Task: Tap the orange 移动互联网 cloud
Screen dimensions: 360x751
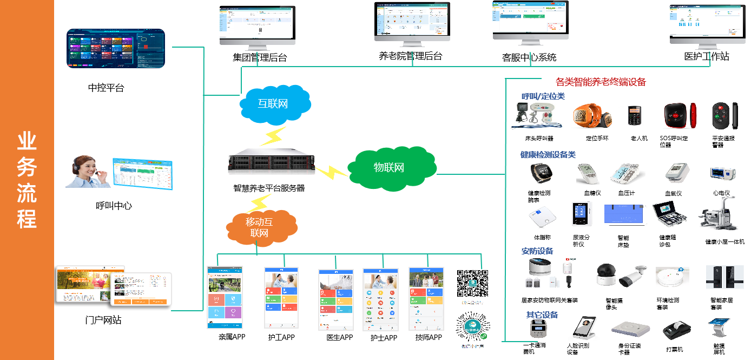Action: coord(260,227)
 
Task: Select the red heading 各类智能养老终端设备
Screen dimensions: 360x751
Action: coord(601,82)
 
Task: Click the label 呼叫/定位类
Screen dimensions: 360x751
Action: coord(543,96)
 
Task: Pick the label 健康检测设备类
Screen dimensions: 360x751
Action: coord(548,155)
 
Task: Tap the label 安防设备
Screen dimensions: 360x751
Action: coord(537,251)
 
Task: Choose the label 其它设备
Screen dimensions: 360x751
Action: coord(542,315)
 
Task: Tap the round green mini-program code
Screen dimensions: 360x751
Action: coord(472,329)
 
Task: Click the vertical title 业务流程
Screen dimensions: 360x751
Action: coord(27,180)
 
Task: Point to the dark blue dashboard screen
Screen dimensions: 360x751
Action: coord(116,49)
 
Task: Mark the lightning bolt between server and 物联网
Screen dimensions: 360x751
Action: coord(332,172)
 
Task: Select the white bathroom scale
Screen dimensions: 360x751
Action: coord(542,218)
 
